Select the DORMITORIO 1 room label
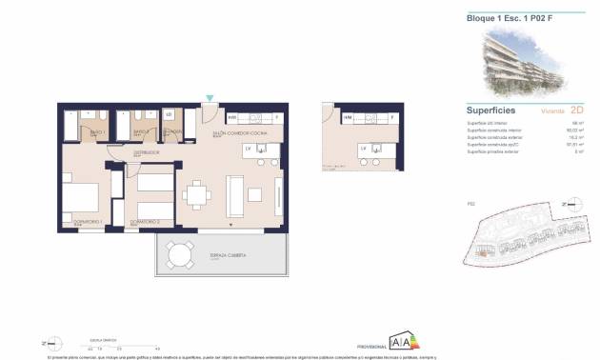point(75,223)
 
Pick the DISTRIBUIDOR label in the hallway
point(146,151)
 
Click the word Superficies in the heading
point(491,110)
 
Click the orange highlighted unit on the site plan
point(482,252)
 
